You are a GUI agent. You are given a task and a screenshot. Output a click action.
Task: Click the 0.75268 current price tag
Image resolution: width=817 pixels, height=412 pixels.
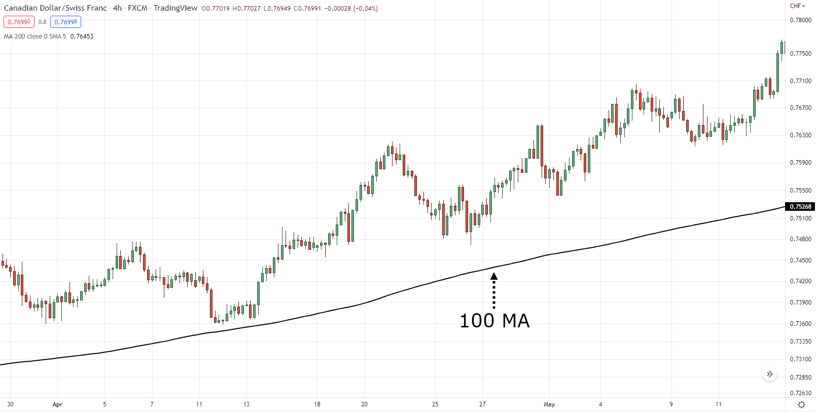click(x=800, y=206)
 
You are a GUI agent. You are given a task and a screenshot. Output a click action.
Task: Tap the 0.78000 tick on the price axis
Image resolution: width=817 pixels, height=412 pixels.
click(x=800, y=20)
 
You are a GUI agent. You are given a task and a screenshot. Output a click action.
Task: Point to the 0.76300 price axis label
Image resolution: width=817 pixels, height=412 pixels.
click(x=800, y=135)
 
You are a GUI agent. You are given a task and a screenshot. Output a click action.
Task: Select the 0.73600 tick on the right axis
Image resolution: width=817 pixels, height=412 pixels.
click(x=800, y=323)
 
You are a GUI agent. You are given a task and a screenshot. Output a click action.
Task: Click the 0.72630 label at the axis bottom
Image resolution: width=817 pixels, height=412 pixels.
click(x=800, y=393)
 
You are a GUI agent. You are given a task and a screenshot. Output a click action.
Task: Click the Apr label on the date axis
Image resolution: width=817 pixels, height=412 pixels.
click(x=57, y=404)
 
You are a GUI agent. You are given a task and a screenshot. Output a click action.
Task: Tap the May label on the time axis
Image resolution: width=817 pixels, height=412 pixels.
click(x=549, y=404)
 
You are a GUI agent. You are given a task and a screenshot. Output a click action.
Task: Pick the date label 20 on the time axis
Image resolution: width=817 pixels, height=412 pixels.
click(x=364, y=404)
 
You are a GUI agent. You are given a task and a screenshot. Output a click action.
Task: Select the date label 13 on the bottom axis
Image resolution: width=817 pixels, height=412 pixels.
click(x=246, y=404)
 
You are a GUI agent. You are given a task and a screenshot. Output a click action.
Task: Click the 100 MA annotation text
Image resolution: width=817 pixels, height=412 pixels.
click(x=494, y=321)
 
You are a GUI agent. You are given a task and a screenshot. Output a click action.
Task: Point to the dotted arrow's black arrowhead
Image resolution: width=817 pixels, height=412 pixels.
click(x=494, y=276)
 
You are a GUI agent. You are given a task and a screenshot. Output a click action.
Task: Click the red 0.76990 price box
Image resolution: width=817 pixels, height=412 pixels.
click(x=19, y=22)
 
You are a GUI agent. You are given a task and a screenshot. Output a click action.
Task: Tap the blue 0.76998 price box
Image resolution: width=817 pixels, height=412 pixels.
click(x=65, y=22)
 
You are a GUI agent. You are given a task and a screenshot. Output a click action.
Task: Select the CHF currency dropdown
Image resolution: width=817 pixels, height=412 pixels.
click(x=797, y=6)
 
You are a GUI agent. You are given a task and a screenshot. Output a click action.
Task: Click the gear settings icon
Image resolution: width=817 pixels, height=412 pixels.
click(x=801, y=404)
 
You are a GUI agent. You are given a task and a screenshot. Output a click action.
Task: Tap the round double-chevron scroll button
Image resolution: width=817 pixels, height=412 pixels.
click(x=770, y=374)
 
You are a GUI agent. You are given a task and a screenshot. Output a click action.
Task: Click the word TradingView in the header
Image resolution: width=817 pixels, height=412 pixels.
click(x=175, y=8)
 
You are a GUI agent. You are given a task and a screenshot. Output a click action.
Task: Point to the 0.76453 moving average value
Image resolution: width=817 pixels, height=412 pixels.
click(x=82, y=36)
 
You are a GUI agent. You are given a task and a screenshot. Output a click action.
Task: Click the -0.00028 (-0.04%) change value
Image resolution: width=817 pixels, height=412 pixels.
click(x=351, y=9)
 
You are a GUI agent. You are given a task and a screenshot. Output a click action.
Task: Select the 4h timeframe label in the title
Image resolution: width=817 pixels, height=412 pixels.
click(x=117, y=8)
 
